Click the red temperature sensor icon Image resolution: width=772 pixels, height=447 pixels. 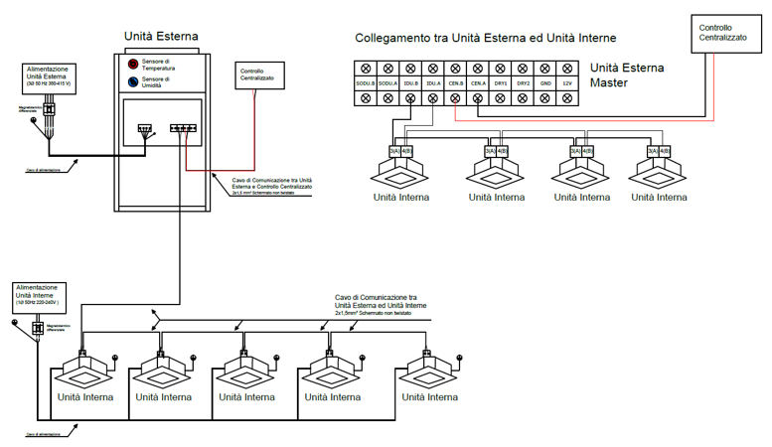coord(132,65)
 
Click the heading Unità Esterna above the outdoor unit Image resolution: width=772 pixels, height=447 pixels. coord(161,37)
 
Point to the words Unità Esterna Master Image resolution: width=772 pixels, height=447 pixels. coord(627,75)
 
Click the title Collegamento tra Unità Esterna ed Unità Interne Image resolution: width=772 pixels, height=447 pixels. coord(486,38)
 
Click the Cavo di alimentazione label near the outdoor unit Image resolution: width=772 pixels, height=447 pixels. coord(44,170)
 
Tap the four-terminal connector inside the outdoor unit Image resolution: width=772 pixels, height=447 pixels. coord(184,127)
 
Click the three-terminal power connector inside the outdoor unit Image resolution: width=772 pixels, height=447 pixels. coord(145,127)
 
